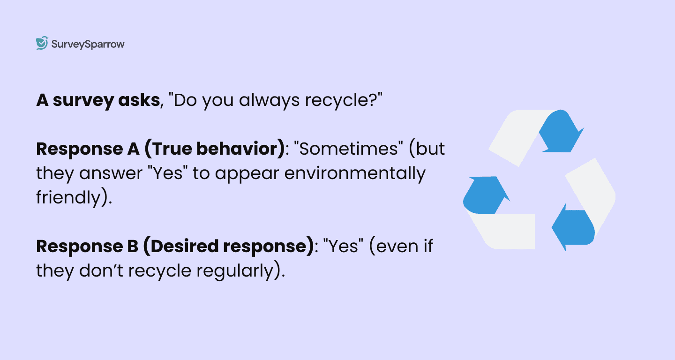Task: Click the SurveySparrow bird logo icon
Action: [42, 43]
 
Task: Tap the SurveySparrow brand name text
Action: [88, 45]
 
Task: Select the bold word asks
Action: [139, 100]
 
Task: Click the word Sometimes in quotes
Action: [348, 149]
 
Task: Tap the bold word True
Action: [171, 149]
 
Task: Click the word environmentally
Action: [355, 174]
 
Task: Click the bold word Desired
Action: [184, 246]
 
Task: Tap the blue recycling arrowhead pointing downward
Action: [561, 131]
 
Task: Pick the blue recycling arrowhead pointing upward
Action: [486, 195]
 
